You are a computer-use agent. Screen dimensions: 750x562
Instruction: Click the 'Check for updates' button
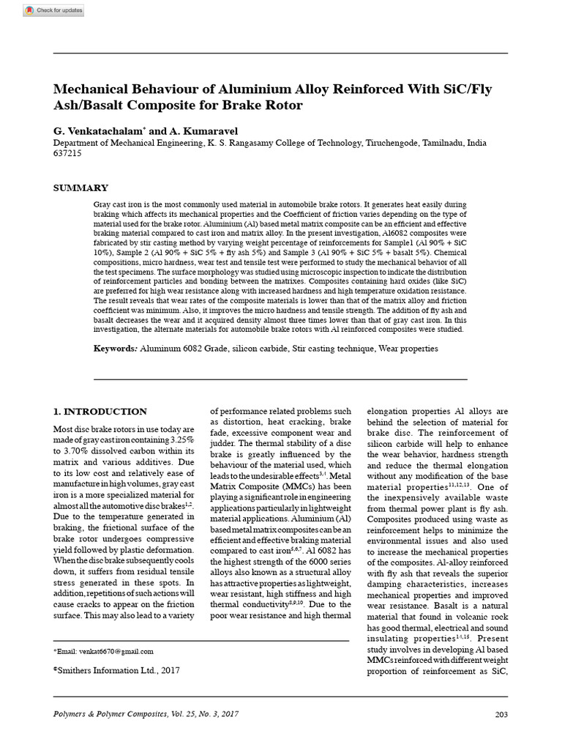pos(53,10)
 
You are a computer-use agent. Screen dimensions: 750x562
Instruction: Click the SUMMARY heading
pos(82,188)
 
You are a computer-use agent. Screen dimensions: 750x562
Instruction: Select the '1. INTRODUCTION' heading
pos(101,412)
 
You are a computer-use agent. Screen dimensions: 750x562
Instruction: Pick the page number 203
pos(501,714)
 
